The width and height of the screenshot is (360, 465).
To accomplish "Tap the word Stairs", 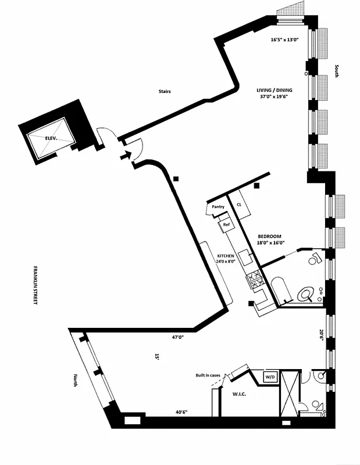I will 164,91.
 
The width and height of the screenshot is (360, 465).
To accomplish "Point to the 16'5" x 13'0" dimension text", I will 284,40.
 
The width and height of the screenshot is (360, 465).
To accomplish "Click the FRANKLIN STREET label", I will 35,286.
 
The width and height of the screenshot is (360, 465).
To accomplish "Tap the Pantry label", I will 218,207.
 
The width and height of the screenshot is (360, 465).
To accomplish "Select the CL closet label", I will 238,204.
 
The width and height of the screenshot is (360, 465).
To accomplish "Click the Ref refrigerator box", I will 225,223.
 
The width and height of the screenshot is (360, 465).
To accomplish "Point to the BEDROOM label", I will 269,236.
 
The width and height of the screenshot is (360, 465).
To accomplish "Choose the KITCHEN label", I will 226,256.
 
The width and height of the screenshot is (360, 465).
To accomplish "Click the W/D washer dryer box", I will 271,377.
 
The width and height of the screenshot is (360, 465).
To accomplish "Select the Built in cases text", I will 208,375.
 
